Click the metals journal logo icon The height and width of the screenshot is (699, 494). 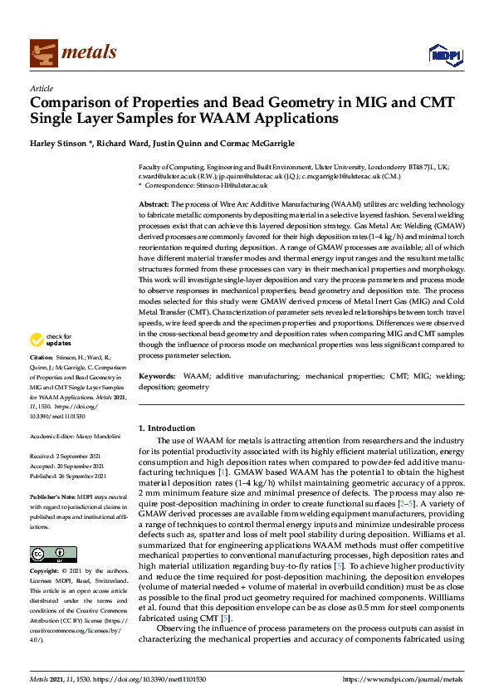pos(42,52)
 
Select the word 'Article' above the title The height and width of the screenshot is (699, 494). pos(41,88)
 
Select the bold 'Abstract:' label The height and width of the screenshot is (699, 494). pos(154,203)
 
